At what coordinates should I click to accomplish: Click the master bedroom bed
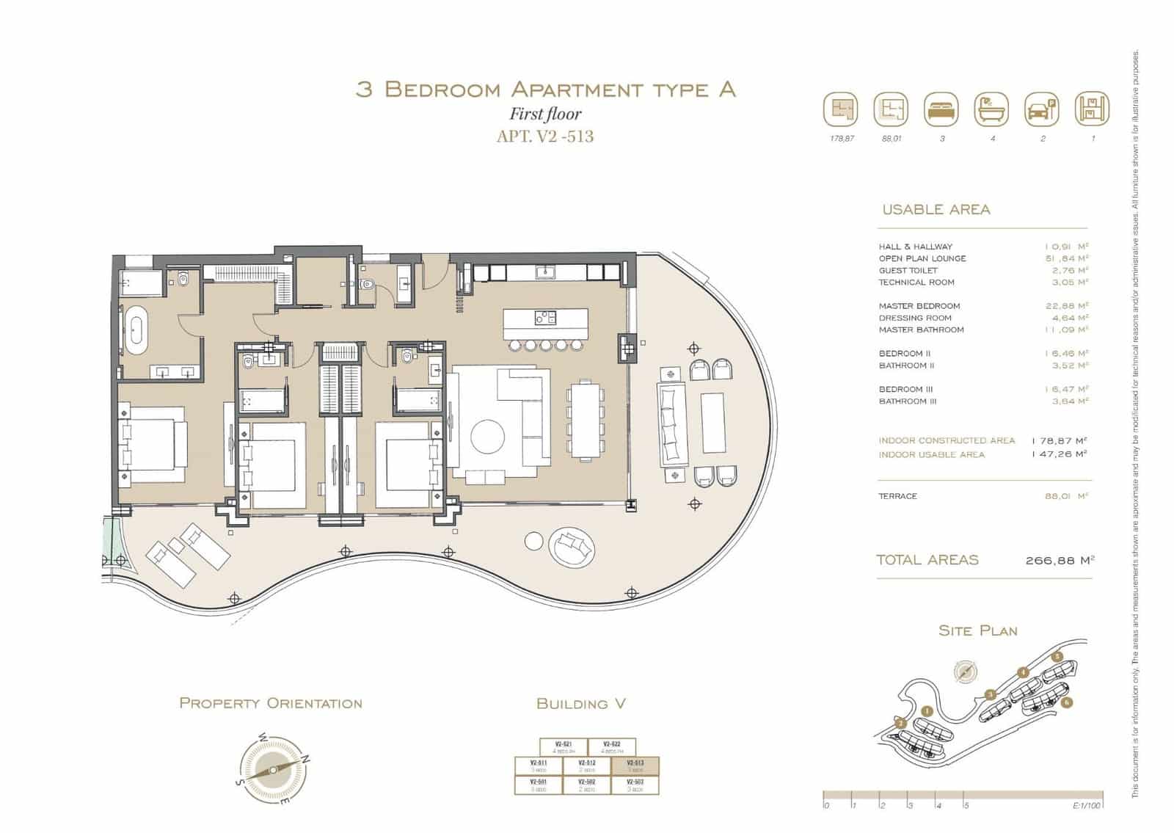[152, 445]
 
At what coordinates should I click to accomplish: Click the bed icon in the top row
[941, 110]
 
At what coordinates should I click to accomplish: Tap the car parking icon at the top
[1042, 110]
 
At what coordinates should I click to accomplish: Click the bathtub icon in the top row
[991, 110]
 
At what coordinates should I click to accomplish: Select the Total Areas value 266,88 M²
[1060, 560]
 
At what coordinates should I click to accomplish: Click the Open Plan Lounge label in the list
[922, 258]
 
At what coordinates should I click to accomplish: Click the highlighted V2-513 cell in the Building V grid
[635, 766]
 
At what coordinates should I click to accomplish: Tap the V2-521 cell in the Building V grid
[564, 747]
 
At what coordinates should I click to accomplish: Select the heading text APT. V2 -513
[545, 137]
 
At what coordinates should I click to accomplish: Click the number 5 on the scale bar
[966, 805]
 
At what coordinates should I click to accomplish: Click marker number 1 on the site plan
[927, 710]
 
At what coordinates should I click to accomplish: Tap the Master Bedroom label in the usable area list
[919, 306]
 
